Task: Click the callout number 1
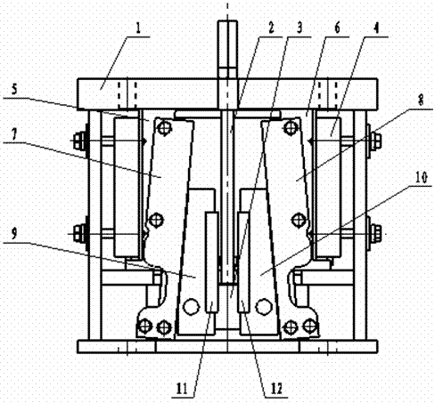[138, 28]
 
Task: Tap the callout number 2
[271, 28]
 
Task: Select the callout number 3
[300, 28]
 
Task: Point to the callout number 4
[376, 28]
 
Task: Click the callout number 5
[14, 90]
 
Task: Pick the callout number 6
[337, 28]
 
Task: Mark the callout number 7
[14, 134]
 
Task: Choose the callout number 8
[421, 101]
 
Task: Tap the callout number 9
[14, 234]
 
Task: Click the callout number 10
[422, 177]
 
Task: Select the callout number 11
[182, 389]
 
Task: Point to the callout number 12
[275, 389]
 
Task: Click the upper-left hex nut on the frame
[78, 140]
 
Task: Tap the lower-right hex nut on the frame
[376, 232]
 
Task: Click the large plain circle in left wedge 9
[191, 307]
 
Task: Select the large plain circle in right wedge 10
[264, 307]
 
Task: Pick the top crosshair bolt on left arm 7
[164, 128]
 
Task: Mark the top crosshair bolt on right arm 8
[291, 128]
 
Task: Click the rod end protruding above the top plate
[227, 49]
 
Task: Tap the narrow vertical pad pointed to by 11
[212, 262]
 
